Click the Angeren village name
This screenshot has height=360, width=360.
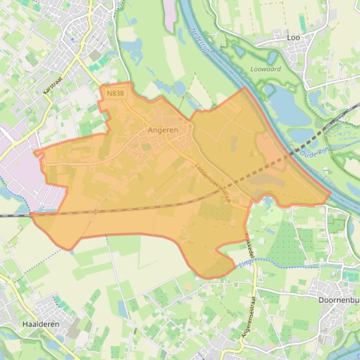(x=163, y=130)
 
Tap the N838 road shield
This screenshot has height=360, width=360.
(x=115, y=94)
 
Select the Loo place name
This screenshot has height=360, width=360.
(x=294, y=37)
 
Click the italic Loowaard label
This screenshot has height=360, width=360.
(x=266, y=69)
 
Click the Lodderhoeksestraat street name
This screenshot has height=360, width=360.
(x=213, y=182)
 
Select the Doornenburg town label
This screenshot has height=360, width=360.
(x=339, y=300)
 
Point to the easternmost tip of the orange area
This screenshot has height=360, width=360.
(x=331, y=192)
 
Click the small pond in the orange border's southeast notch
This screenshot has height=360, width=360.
(x=267, y=202)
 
